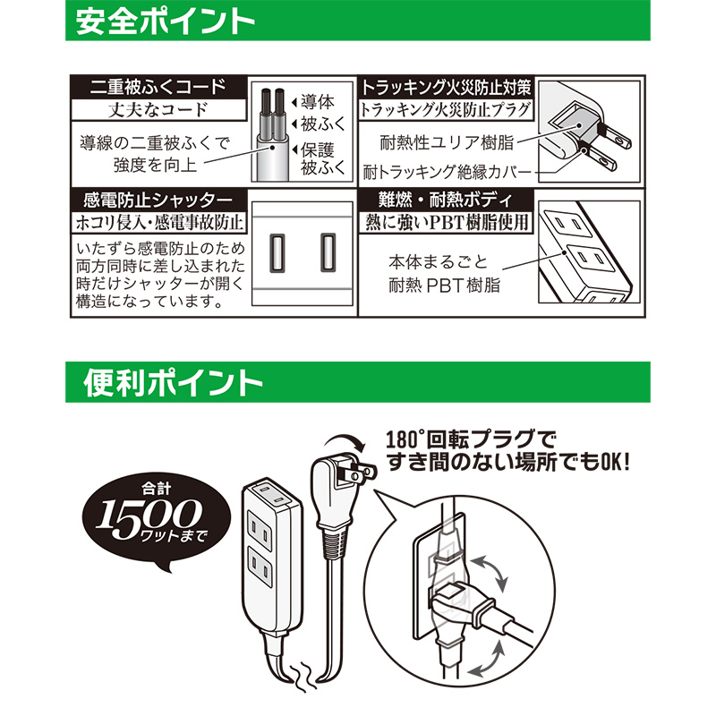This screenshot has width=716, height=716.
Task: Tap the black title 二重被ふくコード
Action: point(158,87)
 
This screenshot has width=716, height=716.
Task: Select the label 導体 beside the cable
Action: point(318,101)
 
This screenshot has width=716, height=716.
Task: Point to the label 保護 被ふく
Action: point(323,159)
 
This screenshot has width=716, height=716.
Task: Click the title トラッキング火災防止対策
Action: point(446,87)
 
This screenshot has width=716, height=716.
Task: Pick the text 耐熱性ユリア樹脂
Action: point(447,142)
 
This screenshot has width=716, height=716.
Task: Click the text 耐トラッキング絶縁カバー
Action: point(447,172)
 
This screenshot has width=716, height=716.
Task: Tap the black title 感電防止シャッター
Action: point(158,200)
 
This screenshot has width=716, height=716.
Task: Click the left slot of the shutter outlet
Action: point(277,252)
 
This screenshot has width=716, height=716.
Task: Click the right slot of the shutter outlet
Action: point(328,252)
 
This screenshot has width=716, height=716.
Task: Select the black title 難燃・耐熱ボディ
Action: point(446,200)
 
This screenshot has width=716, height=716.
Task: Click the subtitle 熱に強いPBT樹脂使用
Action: point(446,222)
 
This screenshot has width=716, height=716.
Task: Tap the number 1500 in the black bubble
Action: point(149,516)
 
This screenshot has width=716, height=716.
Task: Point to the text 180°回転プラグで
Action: point(471,440)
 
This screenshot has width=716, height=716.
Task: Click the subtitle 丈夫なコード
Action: point(158,110)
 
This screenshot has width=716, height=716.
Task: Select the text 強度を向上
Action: point(155,165)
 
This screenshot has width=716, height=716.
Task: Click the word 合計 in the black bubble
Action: point(156,489)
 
